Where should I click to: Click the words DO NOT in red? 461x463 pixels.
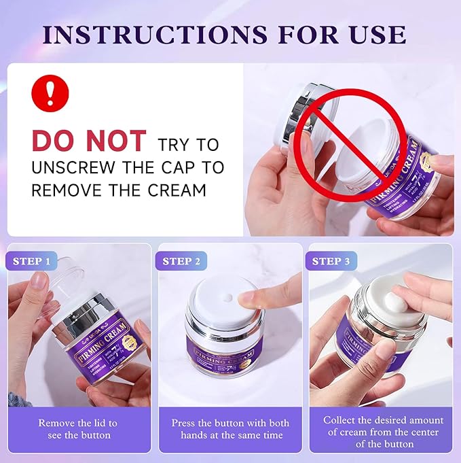pos(89,141)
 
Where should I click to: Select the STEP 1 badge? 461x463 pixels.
pos(32,261)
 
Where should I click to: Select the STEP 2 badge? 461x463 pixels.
pos(181,261)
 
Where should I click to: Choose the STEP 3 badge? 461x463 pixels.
pos(331,261)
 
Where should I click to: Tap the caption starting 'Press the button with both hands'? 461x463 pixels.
pos(231,428)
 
